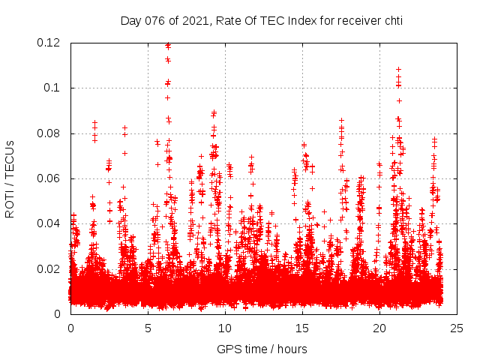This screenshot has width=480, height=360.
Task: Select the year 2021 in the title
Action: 193,21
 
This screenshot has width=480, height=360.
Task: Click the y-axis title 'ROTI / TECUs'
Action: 10,178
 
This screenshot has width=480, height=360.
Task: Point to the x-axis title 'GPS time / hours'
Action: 262,349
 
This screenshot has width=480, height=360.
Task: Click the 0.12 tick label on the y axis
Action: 49,43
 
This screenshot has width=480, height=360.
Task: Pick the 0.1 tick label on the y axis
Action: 52,88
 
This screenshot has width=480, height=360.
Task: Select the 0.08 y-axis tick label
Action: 49,133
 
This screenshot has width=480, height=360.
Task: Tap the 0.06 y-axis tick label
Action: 49,178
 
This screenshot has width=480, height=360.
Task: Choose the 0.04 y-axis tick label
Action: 49,223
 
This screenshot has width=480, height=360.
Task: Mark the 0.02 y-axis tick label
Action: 49,268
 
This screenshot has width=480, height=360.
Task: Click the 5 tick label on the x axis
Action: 148,328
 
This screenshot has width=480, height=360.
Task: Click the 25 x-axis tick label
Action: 457,328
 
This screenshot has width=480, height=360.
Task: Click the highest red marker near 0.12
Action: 167,45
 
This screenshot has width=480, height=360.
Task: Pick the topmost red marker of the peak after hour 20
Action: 398,69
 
